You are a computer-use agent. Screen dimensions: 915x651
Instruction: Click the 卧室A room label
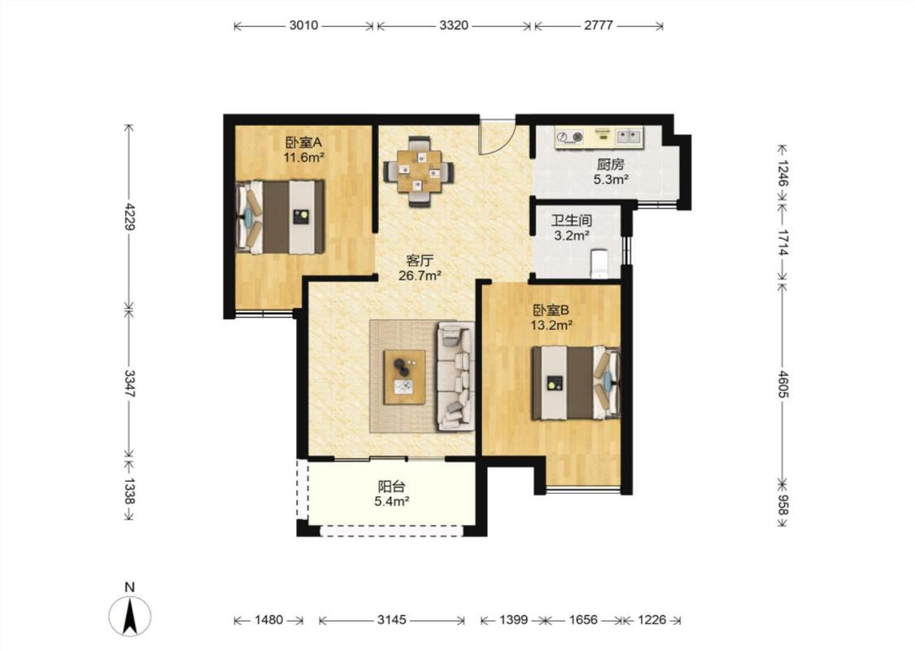[303, 142]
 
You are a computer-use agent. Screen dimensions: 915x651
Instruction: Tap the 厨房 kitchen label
[610, 164]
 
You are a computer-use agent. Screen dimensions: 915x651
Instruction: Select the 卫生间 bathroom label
[571, 221]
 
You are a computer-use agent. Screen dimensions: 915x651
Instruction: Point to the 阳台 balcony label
[391, 487]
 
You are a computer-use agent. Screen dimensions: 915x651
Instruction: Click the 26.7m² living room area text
[420, 276]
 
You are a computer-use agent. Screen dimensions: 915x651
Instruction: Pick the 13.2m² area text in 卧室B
[551, 325]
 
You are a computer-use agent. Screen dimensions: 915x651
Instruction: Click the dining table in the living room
[418, 172]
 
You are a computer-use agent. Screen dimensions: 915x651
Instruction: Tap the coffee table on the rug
[404, 377]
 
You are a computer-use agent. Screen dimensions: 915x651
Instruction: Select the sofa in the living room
[455, 376]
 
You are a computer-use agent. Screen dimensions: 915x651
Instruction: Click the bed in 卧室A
[280, 216]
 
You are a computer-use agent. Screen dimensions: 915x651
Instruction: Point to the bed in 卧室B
[575, 382]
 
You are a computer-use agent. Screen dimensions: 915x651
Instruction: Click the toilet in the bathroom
[599, 264]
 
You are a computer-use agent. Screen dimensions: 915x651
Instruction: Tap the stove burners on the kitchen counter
[569, 138]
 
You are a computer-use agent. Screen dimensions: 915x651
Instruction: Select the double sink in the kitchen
[629, 137]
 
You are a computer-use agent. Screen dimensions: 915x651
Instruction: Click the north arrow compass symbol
[130, 615]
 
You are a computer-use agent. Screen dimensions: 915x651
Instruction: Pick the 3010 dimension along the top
[303, 26]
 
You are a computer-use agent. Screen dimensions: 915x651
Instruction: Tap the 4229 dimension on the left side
[129, 216]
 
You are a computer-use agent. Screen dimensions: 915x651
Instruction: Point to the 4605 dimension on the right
[782, 383]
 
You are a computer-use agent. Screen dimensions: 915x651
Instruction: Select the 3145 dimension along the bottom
[391, 620]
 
